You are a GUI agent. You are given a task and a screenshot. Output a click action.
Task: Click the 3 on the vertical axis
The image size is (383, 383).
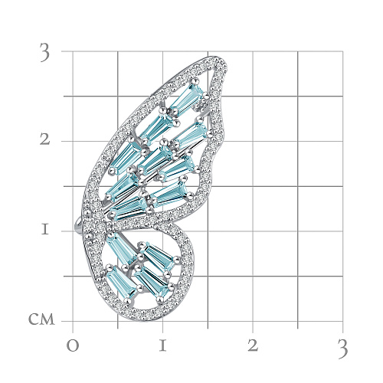[x=44, y=53]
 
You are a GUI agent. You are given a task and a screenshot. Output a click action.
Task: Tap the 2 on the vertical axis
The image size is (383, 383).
[x=45, y=139]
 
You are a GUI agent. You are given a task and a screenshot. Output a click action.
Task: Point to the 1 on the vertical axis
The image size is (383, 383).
[x=45, y=230]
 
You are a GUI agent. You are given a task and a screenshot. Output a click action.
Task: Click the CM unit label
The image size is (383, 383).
[x=41, y=319]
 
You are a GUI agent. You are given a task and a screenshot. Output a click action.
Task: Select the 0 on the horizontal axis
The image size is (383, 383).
[x=73, y=345]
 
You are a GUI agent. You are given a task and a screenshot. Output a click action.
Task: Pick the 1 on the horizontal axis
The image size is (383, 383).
[x=162, y=345]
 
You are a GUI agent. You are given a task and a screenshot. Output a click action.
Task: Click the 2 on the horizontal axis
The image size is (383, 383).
[x=253, y=345]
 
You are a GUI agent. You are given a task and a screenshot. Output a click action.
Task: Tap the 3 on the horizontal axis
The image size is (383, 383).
[x=342, y=350]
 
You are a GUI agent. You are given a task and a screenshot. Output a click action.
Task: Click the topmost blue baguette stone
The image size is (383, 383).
[x=186, y=98]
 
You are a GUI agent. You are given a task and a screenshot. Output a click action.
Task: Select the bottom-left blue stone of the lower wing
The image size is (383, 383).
[x=122, y=283]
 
